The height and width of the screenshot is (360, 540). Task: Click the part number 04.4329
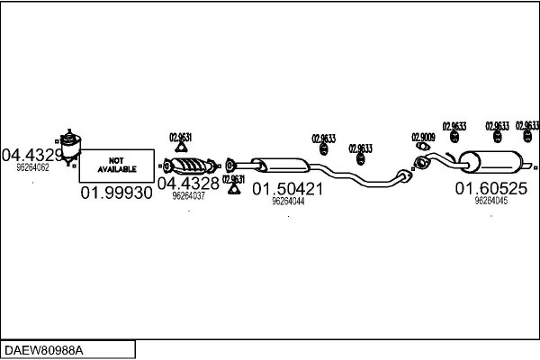(33, 155)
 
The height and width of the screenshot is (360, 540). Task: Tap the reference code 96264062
(32, 167)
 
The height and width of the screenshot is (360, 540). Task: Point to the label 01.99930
(117, 193)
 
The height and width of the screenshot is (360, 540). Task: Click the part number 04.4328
(188, 183)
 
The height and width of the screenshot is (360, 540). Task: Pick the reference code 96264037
(188, 195)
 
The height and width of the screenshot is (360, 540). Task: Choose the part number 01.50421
(287, 189)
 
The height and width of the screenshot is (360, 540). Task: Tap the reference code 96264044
(288, 202)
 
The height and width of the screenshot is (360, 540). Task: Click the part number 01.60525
(490, 188)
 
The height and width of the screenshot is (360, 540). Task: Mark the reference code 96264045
(491, 201)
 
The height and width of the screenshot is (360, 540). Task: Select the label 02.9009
(423, 138)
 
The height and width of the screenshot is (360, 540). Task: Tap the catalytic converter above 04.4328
(191, 166)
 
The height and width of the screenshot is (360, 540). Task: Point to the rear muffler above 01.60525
(490, 165)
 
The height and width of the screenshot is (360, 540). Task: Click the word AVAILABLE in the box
(117, 169)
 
